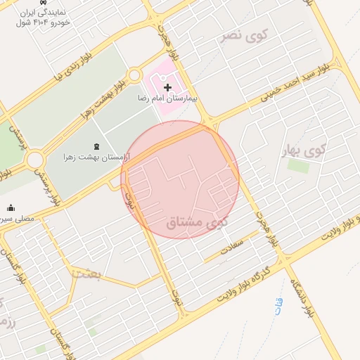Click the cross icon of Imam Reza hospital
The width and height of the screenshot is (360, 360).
[x=167, y=87]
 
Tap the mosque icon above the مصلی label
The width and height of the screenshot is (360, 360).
[x=11, y=207]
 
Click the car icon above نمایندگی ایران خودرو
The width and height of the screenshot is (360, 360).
[x=45, y=3]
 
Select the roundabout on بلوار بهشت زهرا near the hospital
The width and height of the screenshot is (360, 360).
[x=134, y=75]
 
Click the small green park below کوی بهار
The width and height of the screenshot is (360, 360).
[x=298, y=166]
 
